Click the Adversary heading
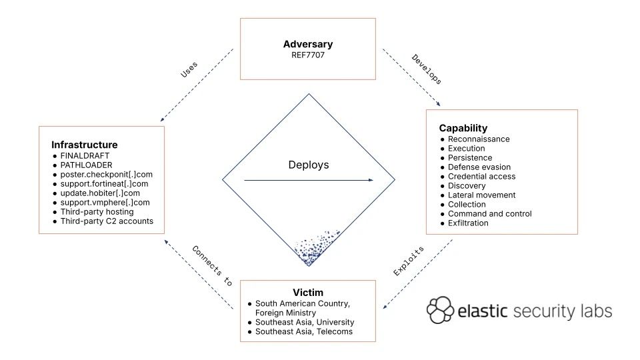[307, 45]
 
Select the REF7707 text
[307, 55]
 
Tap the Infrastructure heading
[85, 145]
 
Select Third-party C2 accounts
[107, 221]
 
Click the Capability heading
[463, 128]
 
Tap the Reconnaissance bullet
[479, 139]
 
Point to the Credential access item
[481, 176]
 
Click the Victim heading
[307, 292]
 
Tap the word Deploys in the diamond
[308, 165]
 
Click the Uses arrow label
[189, 70]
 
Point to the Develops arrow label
[427, 69]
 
